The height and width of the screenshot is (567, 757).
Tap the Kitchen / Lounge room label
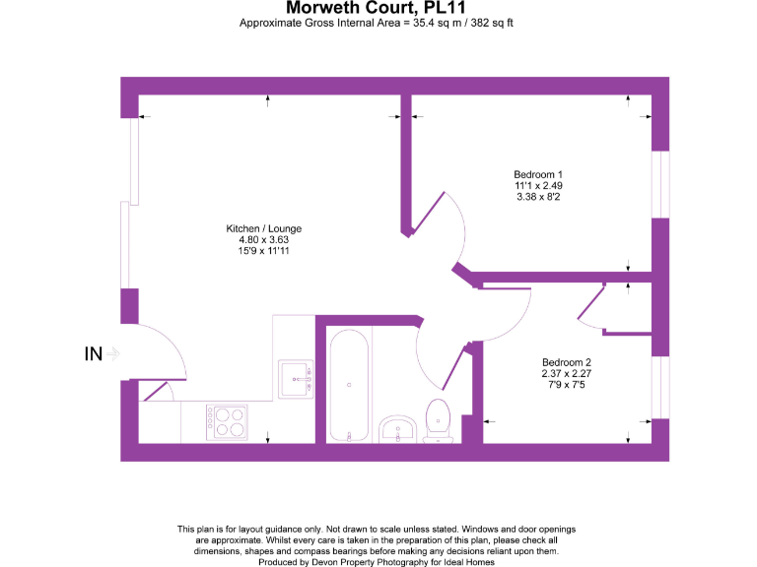click(x=263, y=228)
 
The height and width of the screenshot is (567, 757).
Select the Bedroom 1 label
click(x=538, y=174)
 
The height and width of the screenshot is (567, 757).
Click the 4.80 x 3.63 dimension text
click(x=263, y=240)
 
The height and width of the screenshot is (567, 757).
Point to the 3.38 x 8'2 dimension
click(x=538, y=197)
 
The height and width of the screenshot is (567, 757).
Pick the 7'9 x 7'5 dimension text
click(x=566, y=385)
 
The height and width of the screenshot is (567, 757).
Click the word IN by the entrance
click(x=95, y=353)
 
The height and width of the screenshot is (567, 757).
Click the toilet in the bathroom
click(x=438, y=417)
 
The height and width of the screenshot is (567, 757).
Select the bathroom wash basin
click(x=398, y=429)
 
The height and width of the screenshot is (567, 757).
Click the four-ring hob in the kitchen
click(x=228, y=421)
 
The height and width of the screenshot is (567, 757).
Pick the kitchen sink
click(x=296, y=378)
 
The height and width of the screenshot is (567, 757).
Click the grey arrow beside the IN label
click(x=115, y=353)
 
